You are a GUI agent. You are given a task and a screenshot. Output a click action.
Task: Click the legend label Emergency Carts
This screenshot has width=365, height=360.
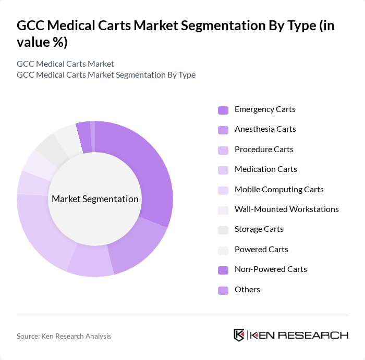(265, 109)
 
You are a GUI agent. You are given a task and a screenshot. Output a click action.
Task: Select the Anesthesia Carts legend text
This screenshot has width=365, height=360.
(265, 129)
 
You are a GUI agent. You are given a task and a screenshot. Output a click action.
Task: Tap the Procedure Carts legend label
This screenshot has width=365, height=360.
(264, 150)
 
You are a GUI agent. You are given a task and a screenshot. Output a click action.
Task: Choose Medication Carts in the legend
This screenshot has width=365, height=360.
(265, 169)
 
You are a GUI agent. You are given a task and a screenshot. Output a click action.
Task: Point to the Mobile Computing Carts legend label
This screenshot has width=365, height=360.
(279, 190)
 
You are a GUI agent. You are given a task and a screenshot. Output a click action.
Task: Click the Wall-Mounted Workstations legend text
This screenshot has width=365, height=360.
(286, 209)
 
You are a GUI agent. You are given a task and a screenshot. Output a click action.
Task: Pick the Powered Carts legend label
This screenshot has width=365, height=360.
(261, 250)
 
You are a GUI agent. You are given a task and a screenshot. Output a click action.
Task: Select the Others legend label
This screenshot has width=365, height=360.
(247, 290)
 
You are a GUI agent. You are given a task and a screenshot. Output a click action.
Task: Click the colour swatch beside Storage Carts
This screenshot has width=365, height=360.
(223, 230)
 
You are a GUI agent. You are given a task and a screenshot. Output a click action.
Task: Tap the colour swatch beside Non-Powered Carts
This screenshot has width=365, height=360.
(223, 270)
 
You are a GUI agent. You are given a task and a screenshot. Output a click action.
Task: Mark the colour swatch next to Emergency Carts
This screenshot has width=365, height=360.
(223, 110)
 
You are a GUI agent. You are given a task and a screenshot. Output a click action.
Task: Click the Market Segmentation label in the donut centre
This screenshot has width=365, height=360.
(95, 199)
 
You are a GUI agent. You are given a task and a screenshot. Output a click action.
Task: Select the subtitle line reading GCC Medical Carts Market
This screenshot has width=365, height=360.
(65, 64)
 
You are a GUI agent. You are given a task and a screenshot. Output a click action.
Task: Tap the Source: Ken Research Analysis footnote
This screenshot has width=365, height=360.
(64, 336)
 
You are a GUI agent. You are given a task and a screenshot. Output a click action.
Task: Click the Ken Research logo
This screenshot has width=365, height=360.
(290, 335)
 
